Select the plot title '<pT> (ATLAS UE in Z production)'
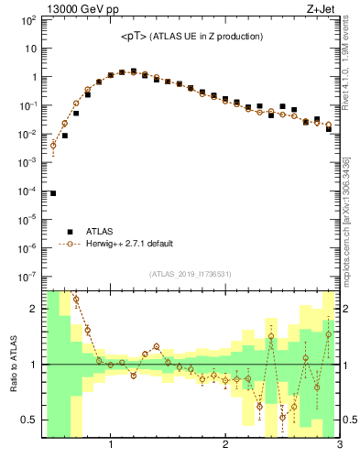coord(192,37)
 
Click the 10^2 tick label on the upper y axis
coord(27,21)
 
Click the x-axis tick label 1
coord(111,447)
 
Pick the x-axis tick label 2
coord(225,447)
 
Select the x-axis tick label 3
coord(339,447)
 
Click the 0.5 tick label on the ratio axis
coord(29,420)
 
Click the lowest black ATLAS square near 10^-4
coord(53,193)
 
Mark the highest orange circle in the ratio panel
coord(76,299)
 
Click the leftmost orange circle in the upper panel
coord(53,145)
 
